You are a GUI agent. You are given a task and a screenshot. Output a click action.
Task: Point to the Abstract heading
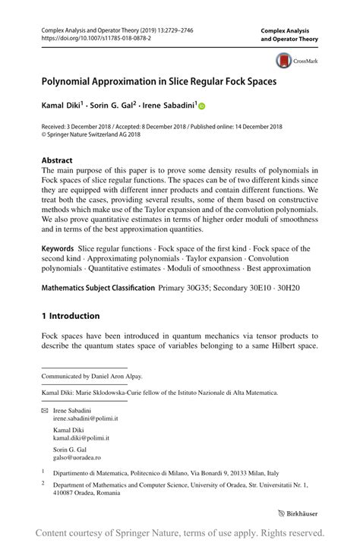(x=57, y=160)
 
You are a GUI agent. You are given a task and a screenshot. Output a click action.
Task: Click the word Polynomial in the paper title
(x=72, y=79)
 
